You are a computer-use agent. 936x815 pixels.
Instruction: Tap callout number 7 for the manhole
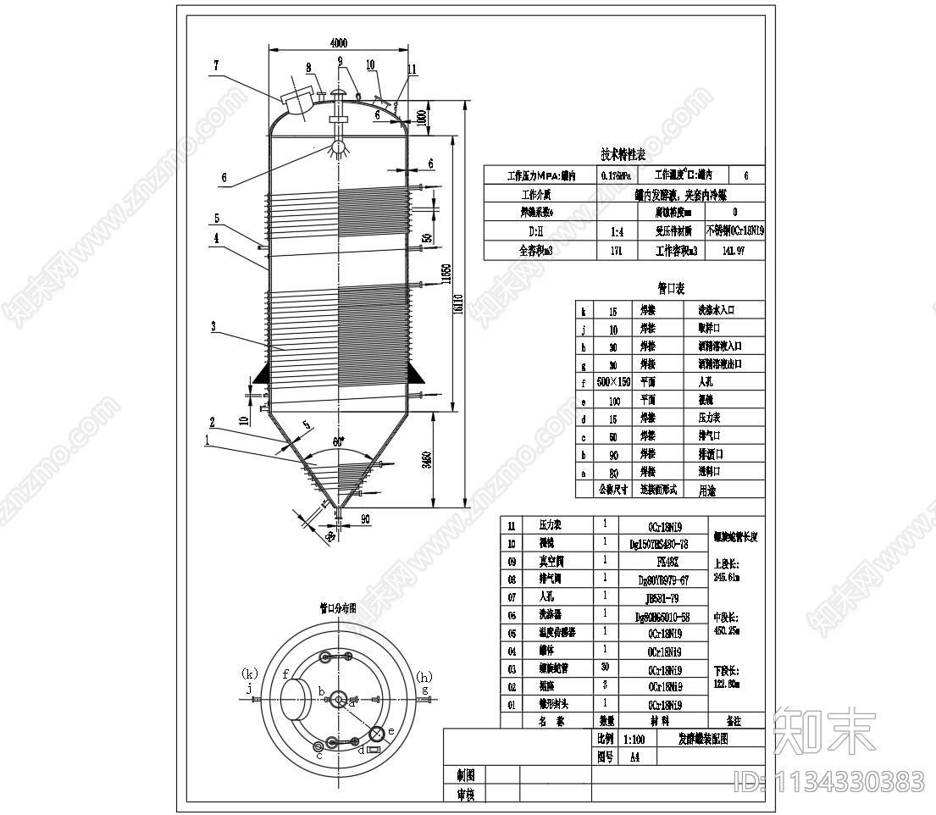tap(216, 64)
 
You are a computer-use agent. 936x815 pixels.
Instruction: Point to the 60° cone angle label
tap(339, 442)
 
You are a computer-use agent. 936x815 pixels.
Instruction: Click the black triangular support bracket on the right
tap(416, 372)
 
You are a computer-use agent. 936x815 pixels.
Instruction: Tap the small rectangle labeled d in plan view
tap(374, 749)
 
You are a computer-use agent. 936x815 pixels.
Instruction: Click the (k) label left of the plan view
tap(249, 674)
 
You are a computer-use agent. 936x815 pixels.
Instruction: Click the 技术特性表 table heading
tap(623, 155)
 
